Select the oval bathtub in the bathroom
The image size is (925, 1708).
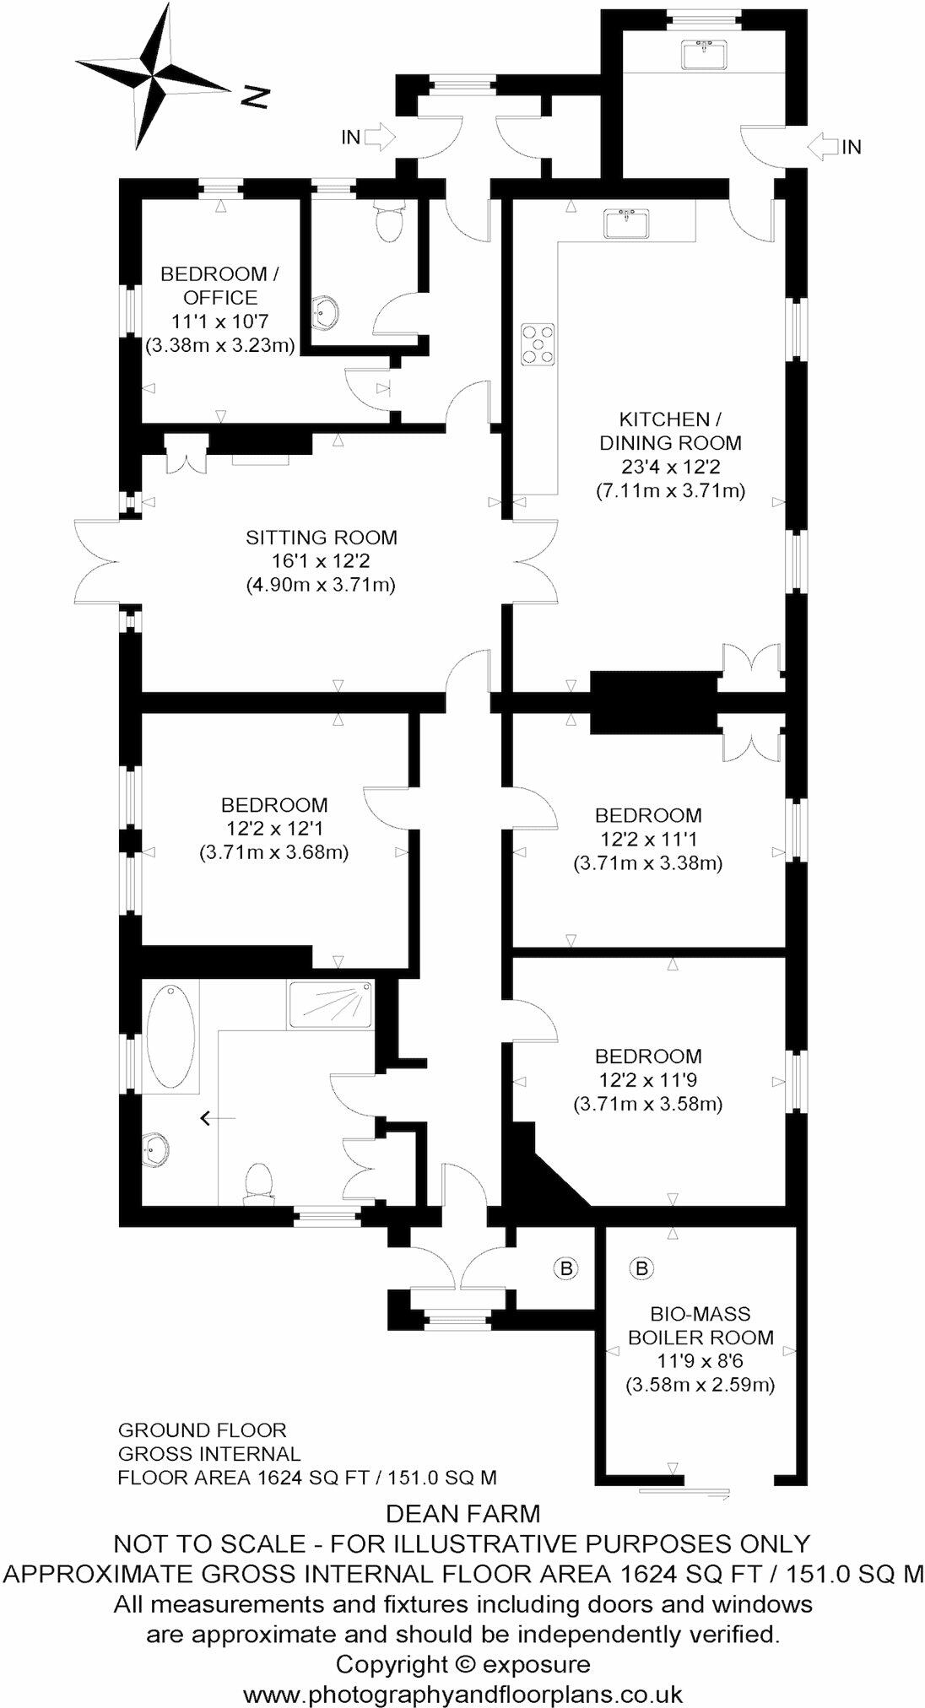pyautogui.click(x=171, y=1037)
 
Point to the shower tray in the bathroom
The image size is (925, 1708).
pyautogui.click(x=330, y=1004)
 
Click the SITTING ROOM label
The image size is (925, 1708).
pyautogui.click(x=321, y=538)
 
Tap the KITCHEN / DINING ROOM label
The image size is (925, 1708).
pyautogui.click(x=670, y=430)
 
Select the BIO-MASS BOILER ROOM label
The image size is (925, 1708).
pyautogui.click(x=701, y=1325)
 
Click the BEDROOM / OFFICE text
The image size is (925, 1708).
pyautogui.click(x=219, y=285)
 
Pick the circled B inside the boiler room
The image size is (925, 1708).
pyautogui.click(x=641, y=1267)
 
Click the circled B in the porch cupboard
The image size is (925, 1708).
pyautogui.click(x=566, y=1267)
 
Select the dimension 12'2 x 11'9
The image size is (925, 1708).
pyautogui.click(x=647, y=1079)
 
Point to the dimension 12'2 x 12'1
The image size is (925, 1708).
pyautogui.click(x=274, y=829)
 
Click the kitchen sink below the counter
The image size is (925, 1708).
pyautogui.click(x=626, y=224)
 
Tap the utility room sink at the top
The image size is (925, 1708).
pyautogui.click(x=703, y=54)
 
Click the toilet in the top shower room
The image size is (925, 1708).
pyautogui.click(x=390, y=222)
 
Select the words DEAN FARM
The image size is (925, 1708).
pyautogui.click(x=462, y=1514)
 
